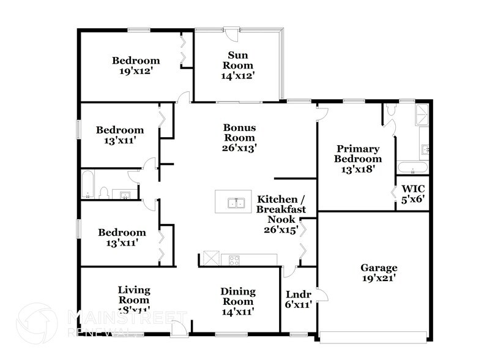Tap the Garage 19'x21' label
378,272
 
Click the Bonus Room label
239,137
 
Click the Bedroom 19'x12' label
135,65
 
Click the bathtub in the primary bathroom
413,167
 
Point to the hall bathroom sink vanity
126,194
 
